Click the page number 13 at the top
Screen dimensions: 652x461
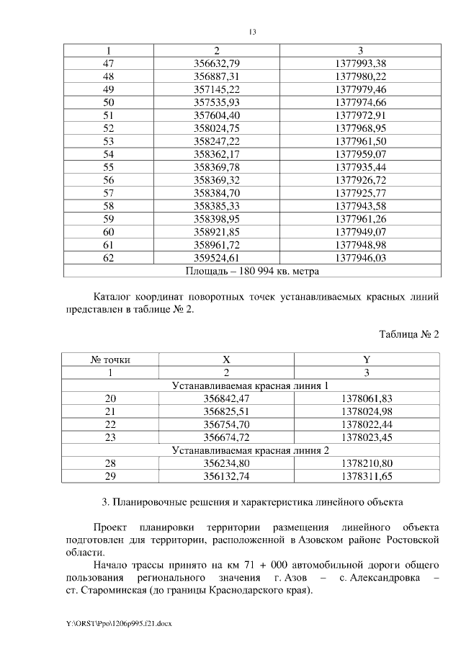click(x=252, y=32)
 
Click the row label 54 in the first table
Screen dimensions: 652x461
click(x=109, y=154)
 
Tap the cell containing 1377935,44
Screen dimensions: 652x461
click(x=361, y=167)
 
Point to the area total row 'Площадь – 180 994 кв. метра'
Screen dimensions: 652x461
click(x=252, y=271)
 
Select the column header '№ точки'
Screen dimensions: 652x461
click(x=109, y=360)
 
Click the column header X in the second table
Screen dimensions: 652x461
click(x=226, y=360)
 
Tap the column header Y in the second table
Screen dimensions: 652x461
click(x=367, y=360)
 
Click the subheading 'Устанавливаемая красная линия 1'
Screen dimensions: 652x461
click(x=251, y=385)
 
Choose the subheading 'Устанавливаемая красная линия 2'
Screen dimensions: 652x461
click(x=251, y=450)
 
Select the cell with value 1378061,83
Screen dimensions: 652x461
click(x=367, y=398)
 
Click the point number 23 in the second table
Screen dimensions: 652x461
click(x=109, y=437)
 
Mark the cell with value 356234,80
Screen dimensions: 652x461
click(x=226, y=463)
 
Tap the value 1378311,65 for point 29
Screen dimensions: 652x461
click(x=367, y=476)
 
